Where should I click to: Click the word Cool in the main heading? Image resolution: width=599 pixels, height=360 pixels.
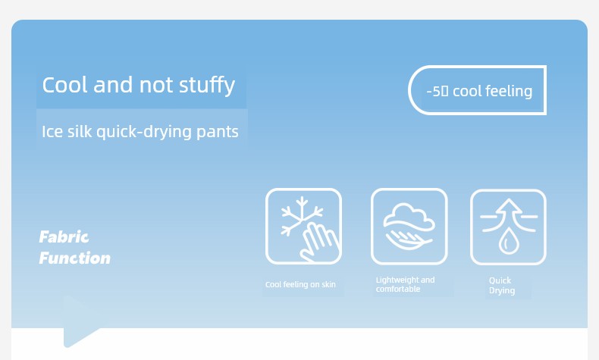[x=65, y=84]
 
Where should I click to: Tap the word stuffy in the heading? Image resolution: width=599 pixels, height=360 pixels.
[x=207, y=86]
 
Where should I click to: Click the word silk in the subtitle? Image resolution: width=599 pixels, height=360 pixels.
[x=80, y=131]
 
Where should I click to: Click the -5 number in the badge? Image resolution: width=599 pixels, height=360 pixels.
[x=434, y=91]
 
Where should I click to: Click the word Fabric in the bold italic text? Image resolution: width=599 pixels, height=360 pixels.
[x=64, y=237]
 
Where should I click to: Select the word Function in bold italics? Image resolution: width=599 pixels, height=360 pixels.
[x=75, y=258]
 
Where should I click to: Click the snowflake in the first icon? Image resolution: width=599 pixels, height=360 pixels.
[x=301, y=215]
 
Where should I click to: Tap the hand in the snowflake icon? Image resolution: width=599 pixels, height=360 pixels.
[x=319, y=242]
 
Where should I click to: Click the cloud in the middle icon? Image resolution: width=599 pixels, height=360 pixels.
[x=409, y=218]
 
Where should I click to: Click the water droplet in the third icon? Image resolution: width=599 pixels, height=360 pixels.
[x=509, y=241]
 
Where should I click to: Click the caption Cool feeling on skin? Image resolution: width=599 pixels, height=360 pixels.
[x=300, y=284]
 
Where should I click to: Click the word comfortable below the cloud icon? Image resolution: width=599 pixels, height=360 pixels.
[x=397, y=289]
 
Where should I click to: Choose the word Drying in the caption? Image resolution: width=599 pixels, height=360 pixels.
[x=502, y=291]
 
